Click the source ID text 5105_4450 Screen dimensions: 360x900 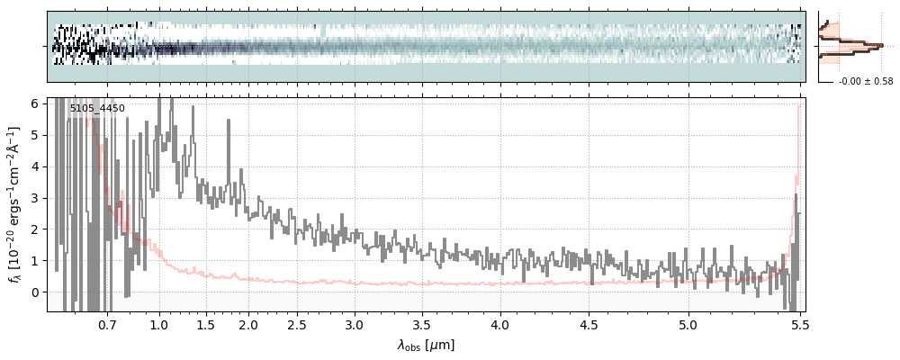[x=97, y=109]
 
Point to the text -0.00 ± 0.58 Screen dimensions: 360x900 [x=866, y=82]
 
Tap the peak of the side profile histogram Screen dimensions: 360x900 [x=881, y=45]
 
